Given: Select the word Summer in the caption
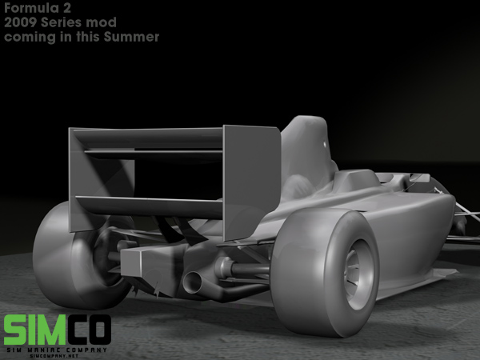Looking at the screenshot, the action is pos(131,37).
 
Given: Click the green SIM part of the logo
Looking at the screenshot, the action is pos(35,330).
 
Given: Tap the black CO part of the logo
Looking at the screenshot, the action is pos(89,330).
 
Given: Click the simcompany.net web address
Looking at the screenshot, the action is pos(54,356).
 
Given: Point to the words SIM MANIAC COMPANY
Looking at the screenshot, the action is pos(57,350).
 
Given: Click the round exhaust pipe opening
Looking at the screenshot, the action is pos(192,282).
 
